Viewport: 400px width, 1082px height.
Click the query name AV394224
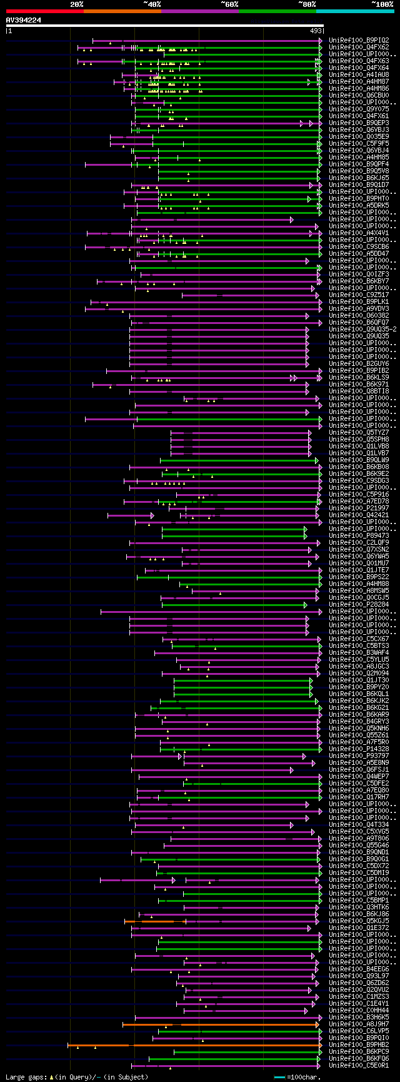24,20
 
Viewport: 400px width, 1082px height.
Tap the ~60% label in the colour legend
229,4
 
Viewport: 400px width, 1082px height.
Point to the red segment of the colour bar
44,11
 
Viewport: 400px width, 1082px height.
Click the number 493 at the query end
316,30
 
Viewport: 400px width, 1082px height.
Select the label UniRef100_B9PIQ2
359,40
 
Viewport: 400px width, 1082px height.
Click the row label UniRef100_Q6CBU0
359,95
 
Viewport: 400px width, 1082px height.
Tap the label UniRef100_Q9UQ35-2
362,329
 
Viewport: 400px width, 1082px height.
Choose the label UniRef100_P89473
359,536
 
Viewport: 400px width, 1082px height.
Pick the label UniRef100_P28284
359,605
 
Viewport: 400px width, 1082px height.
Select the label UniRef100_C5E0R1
359,1066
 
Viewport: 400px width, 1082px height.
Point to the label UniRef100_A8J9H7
359,1024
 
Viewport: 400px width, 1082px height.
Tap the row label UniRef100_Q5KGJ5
359,921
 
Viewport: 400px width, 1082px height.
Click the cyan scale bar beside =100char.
279,1077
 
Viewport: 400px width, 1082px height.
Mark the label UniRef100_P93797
359,756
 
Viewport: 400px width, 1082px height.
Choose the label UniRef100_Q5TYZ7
359,432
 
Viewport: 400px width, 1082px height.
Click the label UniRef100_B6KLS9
359,377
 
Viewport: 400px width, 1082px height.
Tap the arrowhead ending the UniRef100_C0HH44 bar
306,1010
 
